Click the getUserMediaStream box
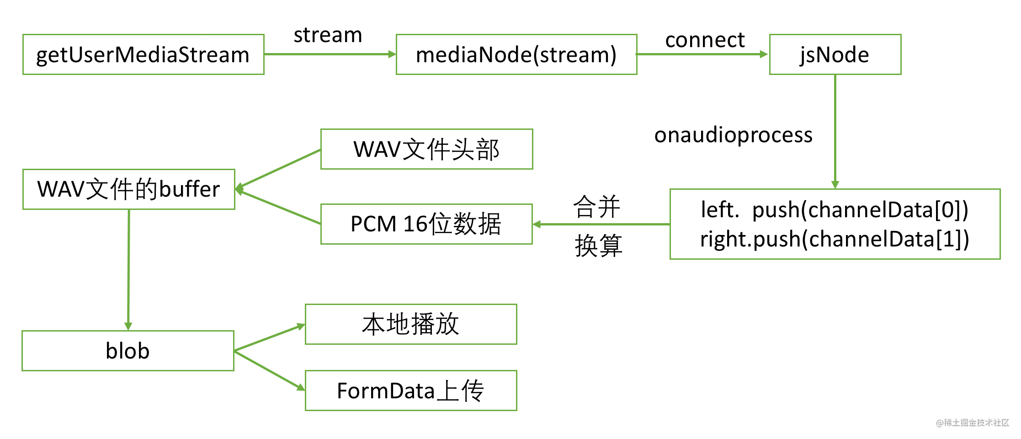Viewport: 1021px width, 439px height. click(144, 54)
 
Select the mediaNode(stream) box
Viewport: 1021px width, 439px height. click(516, 54)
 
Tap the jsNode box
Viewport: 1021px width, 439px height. click(835, 54)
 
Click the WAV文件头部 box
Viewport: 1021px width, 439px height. click(427, 149)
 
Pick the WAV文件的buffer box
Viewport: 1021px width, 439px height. click(129, 189)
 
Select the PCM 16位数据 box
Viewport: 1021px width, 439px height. click(427, 224)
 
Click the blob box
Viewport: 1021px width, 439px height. click(128, 351)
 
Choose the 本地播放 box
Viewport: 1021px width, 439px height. click(411, 324)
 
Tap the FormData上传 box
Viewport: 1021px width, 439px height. click(411, 391)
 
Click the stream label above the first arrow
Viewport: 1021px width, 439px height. click(328, 35)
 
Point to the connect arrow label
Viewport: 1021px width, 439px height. click(705, 40)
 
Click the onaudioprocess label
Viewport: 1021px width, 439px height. click(734, 135)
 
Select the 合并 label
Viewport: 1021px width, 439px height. click(597, 207)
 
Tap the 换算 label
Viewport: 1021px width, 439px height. click(598, 246)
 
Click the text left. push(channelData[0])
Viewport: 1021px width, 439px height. click(835, 210)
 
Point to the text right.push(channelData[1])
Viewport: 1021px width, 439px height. click(835, 239)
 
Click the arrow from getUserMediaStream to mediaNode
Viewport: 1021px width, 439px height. click(330, 54)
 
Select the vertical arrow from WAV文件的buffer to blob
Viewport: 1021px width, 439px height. click(128, 270)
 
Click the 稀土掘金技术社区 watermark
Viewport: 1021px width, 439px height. click(973, 423)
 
